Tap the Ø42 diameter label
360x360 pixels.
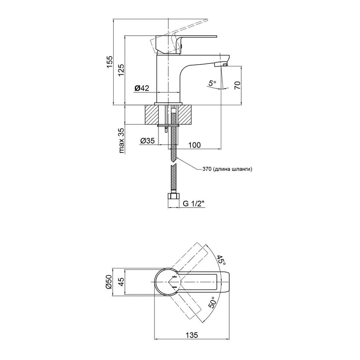coord(142,88)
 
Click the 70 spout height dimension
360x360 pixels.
coord(237,85)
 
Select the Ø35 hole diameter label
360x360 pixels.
coord(148,140)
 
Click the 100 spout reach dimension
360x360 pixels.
coord(194,145)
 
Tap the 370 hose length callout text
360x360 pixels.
coord(226,169)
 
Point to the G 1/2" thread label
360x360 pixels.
coord(194,204)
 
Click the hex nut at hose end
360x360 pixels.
coord(172,196)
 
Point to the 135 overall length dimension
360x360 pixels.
coord(192,335)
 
